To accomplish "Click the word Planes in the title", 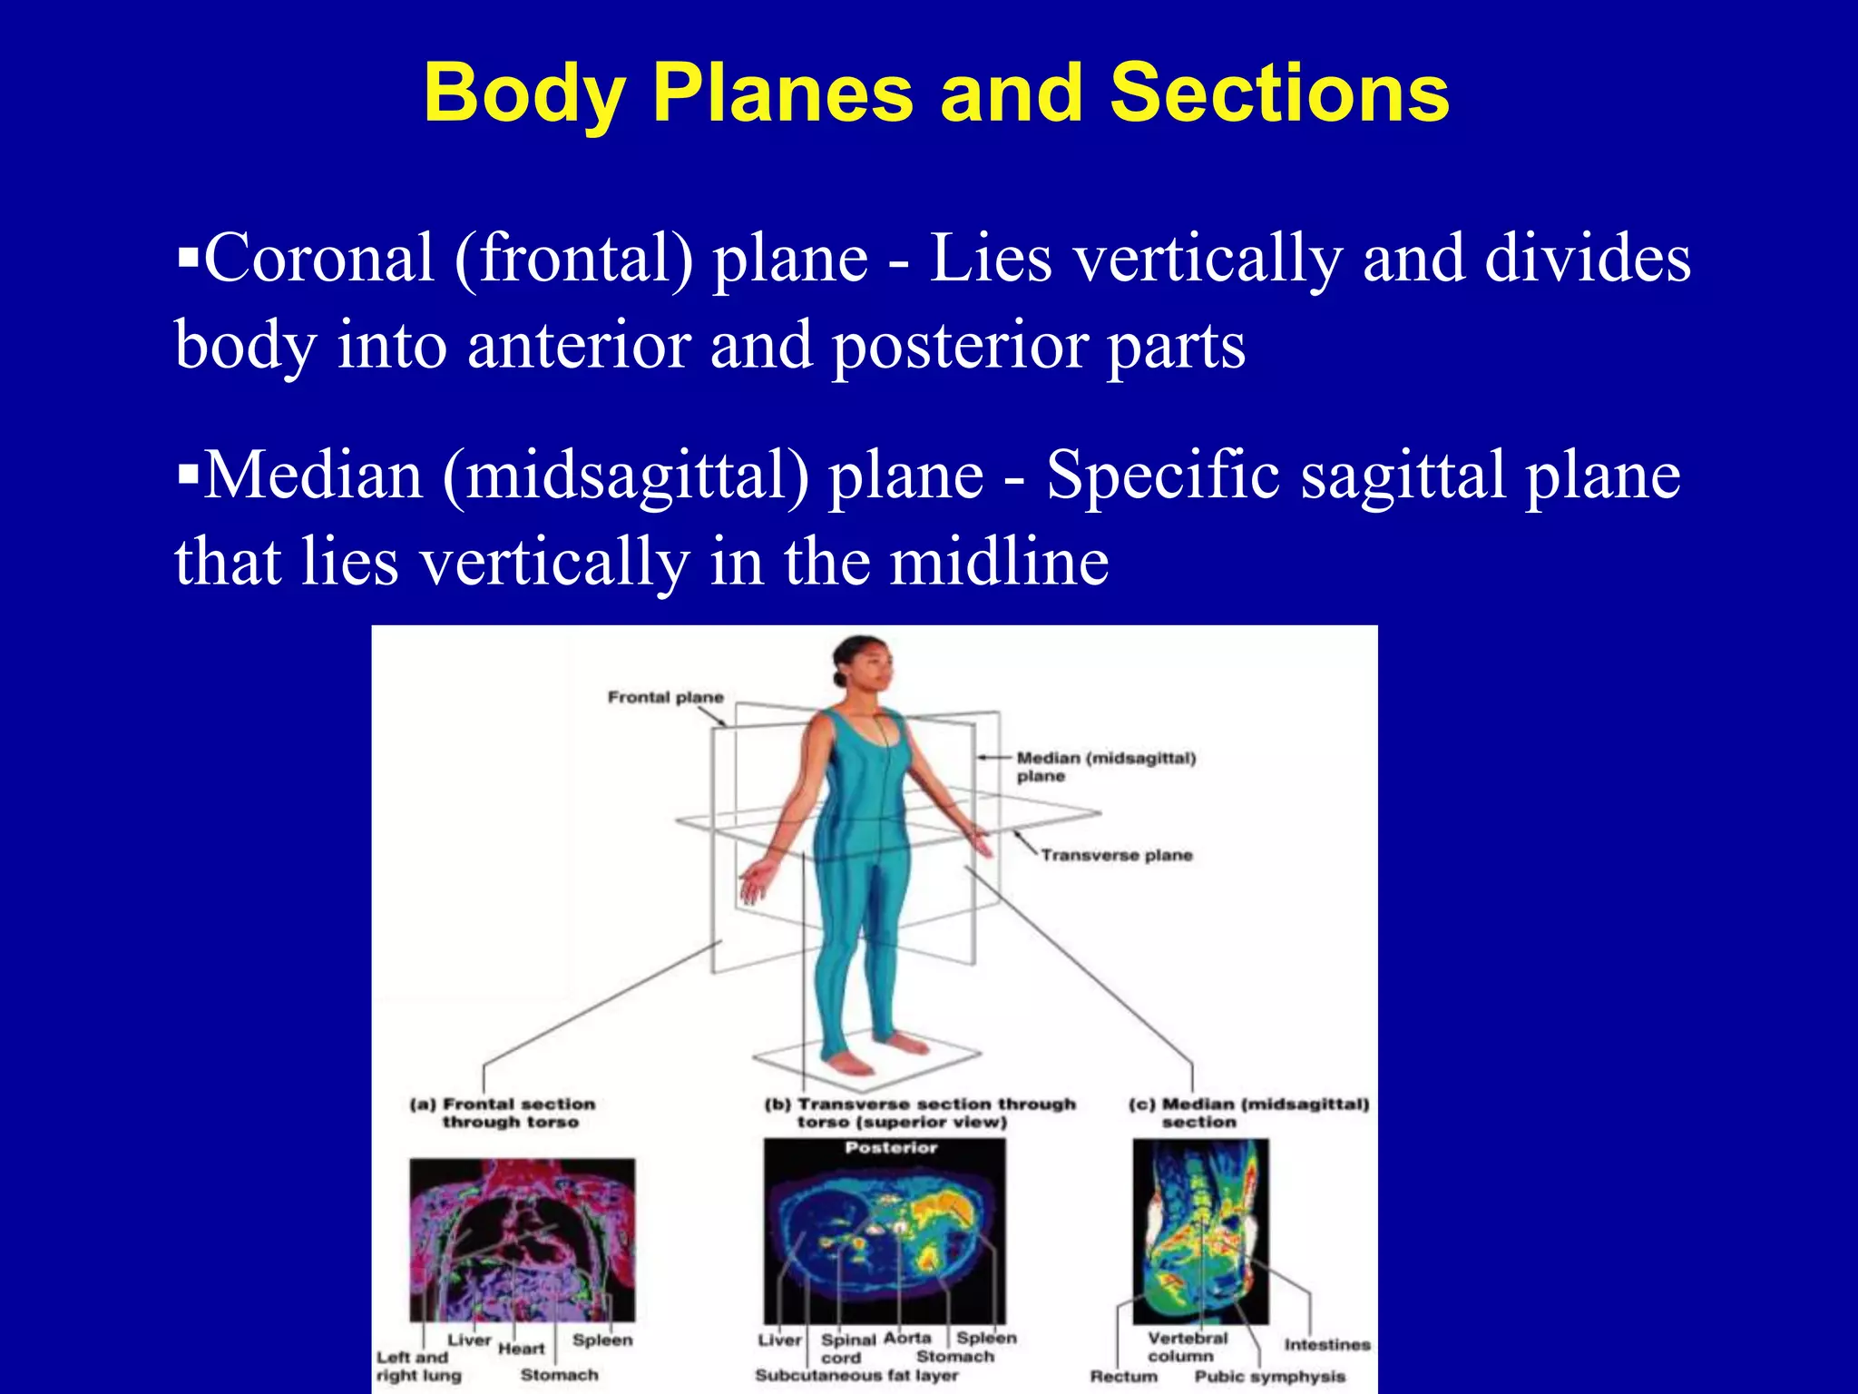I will pyautogui.click(x=782, y=93).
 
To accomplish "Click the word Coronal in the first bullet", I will pyautogui.click(x=318, y=259).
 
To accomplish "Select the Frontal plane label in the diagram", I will pyautogui.click(x=665, y=697).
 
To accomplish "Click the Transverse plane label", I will pyautogui.click(x=1116, y=855).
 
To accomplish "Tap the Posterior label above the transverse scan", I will pyautogui.click(x=890, y=1148).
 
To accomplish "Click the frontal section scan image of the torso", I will pyautogui.click(x=522, y=1239).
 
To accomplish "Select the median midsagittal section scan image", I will pyautogui.click(x=1199, y=1230).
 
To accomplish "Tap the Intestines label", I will pyautogui.click(x=1326, y=1344).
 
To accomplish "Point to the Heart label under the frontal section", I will pyautogui.click(x=521, y=1349).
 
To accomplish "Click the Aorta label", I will pyautogui.click(x=906, y=1338).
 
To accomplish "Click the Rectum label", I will pyautogui.click(x=1123, y=1377).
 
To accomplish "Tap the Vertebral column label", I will pyautogui.click(x=1186, y=1347).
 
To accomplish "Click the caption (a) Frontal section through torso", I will pyautogui.click(x=504, y=1113).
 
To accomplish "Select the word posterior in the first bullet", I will pyautogui.click(x=960, y=347).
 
